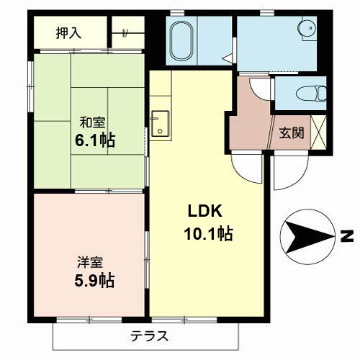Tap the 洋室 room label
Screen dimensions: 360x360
(86, 261)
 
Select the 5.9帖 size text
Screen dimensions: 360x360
(94, 279)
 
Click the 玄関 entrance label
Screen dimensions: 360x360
(291, 132)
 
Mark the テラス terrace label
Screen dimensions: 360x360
(150, 335)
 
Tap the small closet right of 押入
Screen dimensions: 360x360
(127, 32)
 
